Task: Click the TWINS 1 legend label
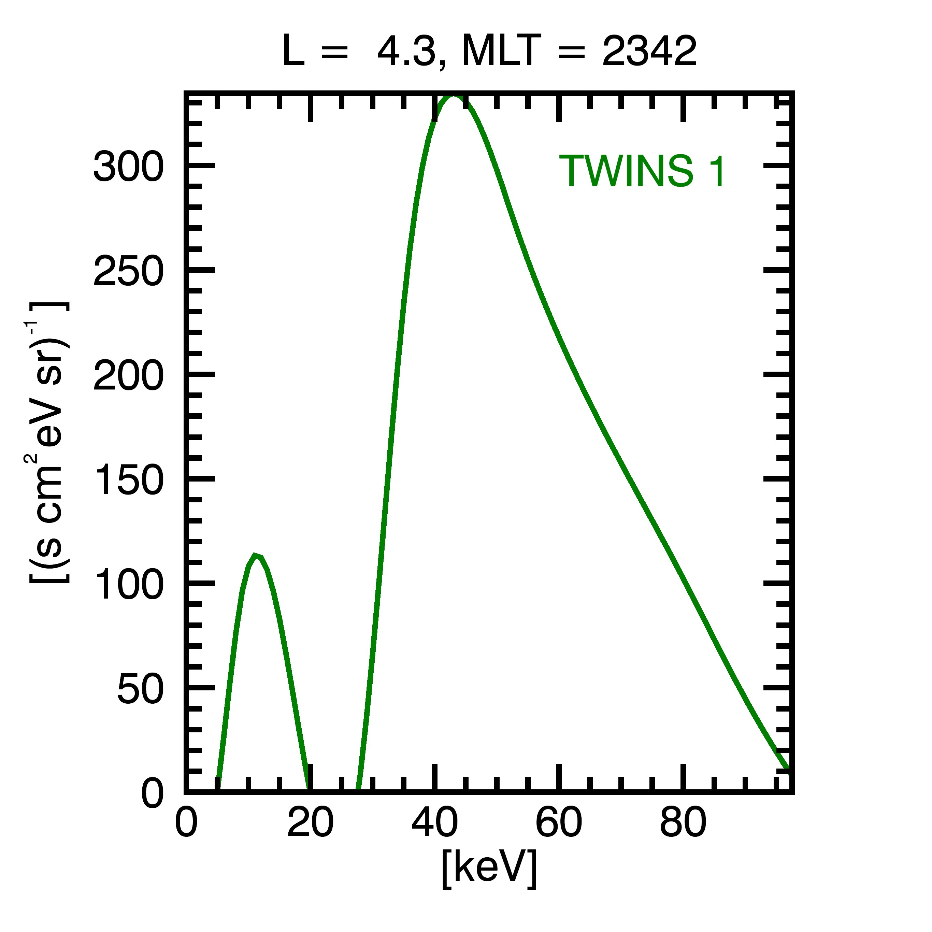[642, 171]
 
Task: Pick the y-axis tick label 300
[129, 166]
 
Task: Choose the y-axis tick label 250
[129, 271]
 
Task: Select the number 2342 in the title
[649, 51]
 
